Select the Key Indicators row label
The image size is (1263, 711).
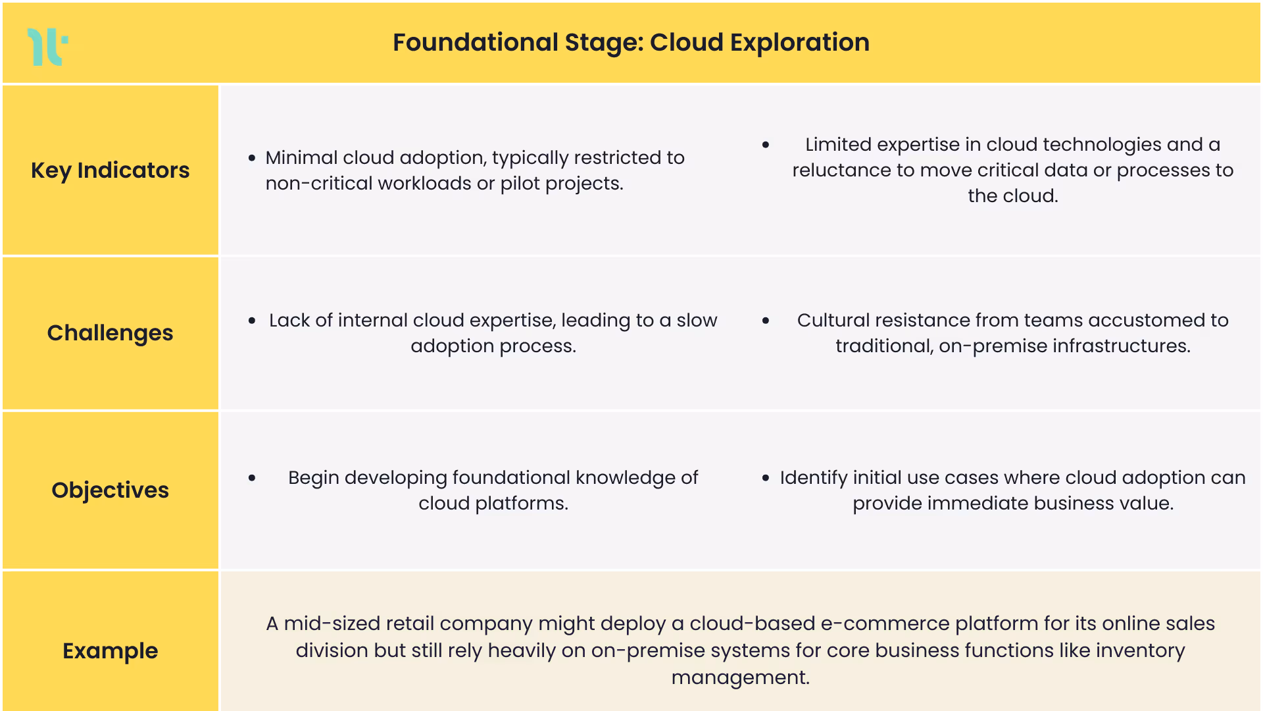tap(110, 171)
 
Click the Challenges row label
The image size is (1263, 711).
tap(110, 333)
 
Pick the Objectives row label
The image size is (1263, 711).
tap(110, 490)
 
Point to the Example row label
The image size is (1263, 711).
tap(110, 651)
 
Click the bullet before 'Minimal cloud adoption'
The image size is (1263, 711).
tap(252, 158)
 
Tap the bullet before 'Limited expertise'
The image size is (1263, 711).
tap(766, 145)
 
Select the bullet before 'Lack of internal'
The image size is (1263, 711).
tap(252, 321)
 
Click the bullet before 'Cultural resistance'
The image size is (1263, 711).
tap(766, 321)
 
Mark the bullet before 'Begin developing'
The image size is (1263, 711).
tap(252, 478)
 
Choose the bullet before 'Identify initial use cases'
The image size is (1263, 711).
tap(766, 478)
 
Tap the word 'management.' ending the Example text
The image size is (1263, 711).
tap(740, 677)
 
